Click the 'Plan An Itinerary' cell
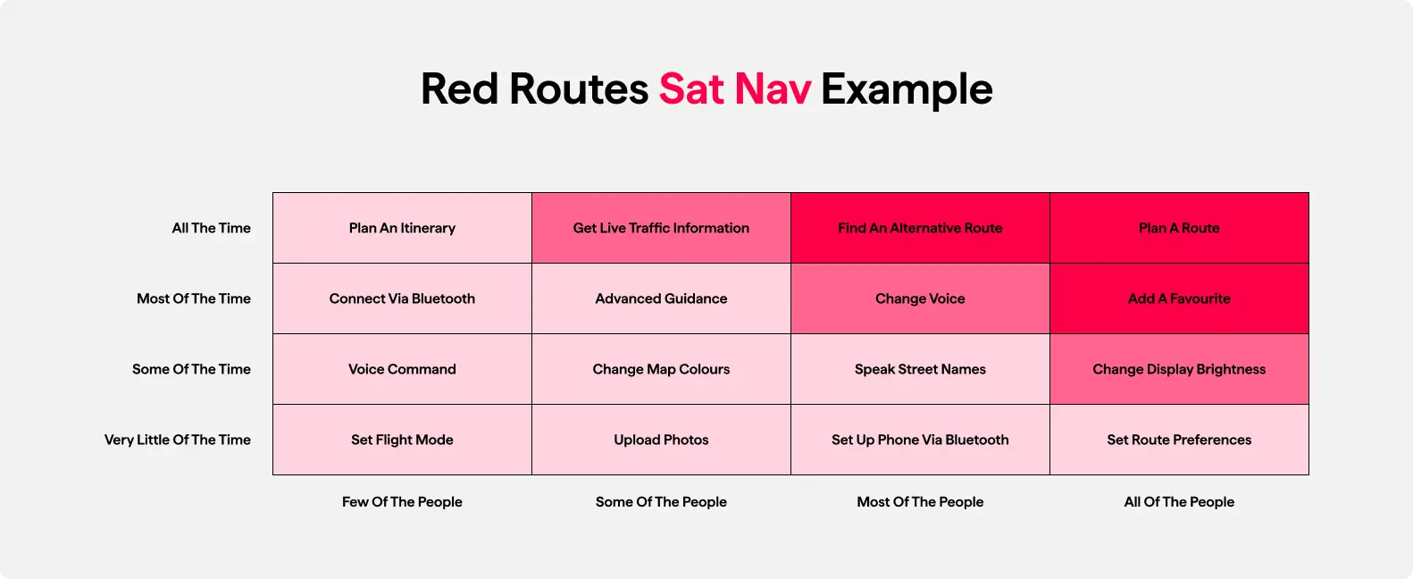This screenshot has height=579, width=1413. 402,228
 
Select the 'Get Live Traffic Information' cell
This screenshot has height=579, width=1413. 661,228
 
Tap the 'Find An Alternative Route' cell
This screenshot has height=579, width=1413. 920,228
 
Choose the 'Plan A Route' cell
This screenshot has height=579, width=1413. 1179,228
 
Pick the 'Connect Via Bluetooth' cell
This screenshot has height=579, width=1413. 402,298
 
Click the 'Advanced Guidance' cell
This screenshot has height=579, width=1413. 661,298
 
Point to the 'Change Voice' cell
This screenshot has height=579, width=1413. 920,298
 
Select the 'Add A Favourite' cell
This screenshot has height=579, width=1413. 1179,298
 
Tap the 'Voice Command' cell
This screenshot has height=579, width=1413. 402,369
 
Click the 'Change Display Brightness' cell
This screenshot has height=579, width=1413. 1179,369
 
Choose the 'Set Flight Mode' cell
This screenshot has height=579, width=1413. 402,440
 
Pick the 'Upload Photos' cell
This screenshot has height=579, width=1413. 661,440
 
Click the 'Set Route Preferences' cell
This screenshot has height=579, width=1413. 1179,440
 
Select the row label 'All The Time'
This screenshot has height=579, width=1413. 212,228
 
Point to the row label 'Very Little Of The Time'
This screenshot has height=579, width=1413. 177,440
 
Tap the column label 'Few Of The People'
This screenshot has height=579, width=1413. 402,501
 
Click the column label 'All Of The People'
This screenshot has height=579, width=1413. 1179,501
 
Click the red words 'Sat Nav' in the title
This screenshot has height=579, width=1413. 735,88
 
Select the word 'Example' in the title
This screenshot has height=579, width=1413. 907,89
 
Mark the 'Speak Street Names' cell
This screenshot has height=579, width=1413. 920,369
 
